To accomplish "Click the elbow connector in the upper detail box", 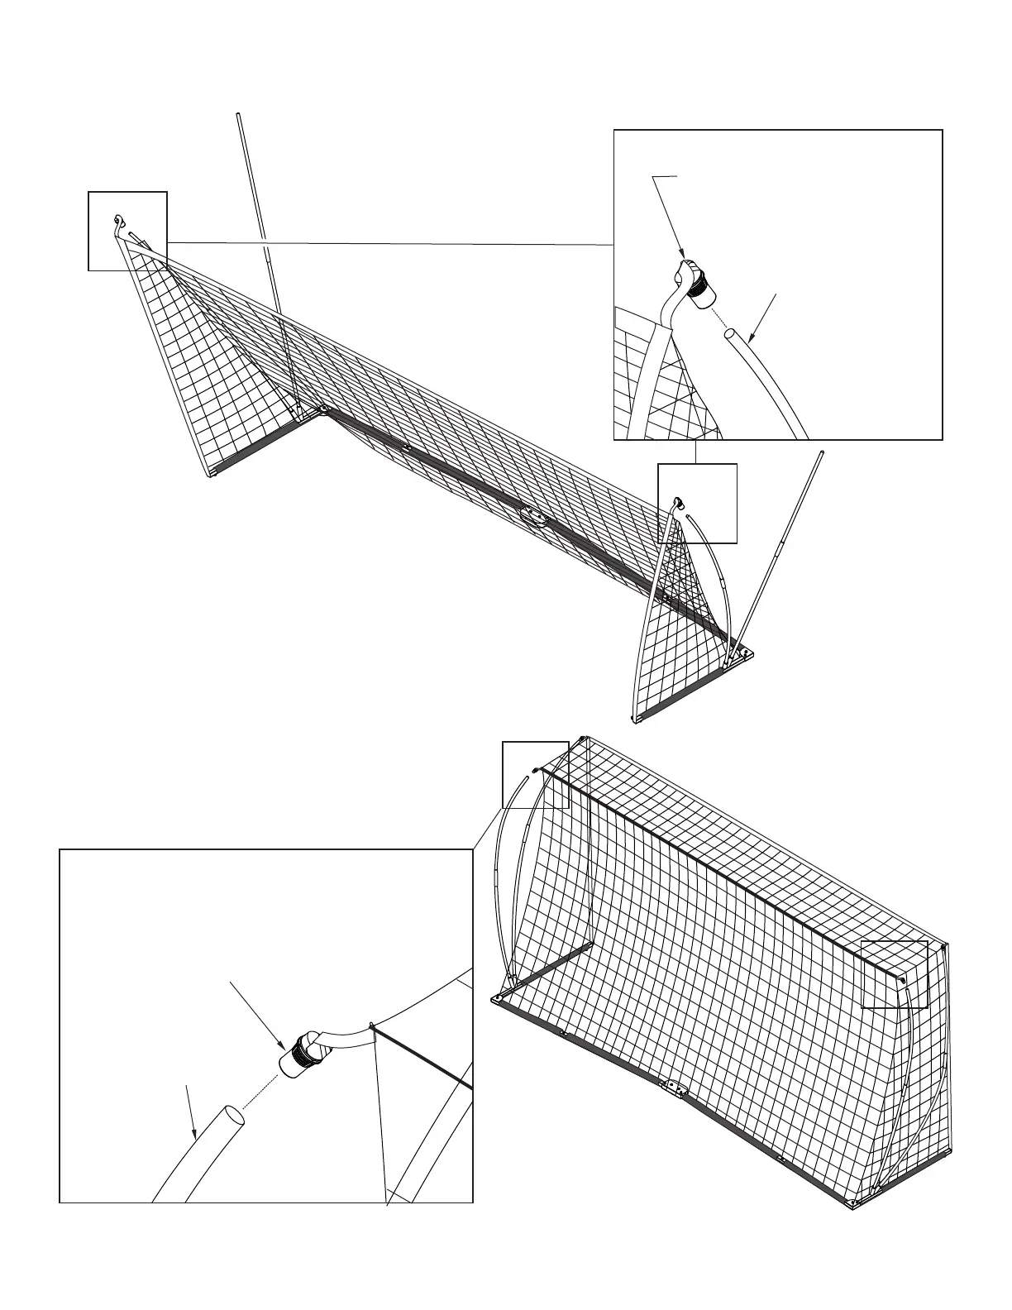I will click(x=695, y=283).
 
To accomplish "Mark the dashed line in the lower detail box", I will click(x=260, y=1090).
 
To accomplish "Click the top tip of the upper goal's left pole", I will click(x=238, y=114).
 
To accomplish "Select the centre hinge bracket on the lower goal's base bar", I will click(x=673, y=1089).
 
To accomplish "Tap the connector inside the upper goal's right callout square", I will click(x=677, y=502).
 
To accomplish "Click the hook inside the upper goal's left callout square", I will click(x=118, y=220).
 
